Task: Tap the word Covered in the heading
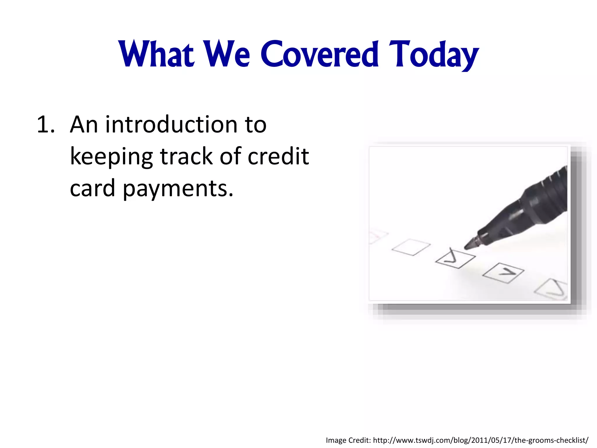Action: [319, 55]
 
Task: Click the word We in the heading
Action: [226, 55]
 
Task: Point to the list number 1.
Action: [45, 125]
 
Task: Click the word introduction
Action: [171, 125]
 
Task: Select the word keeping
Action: [111, 157]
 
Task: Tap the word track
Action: [186, 157]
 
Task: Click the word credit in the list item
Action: [278, 157]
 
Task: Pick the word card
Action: [92, 188]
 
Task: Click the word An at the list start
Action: [84, 125]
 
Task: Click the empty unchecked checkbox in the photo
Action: [411, 247]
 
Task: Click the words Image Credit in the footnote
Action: [348, 440]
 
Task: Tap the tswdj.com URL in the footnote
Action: [481, 440]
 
